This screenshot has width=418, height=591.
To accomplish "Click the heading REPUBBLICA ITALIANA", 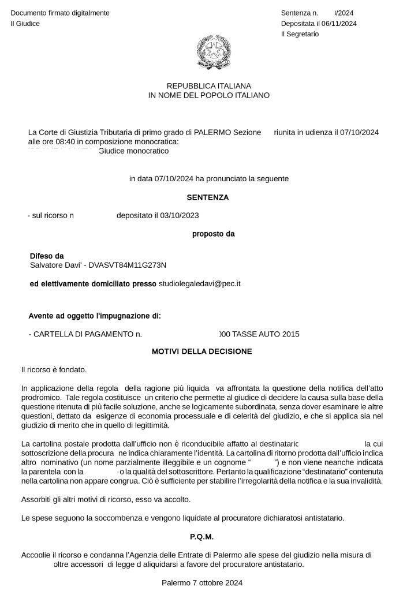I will (209, 85).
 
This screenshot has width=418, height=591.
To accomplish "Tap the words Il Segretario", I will (300, 34).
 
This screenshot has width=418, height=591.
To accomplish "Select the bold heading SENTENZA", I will (208, 197).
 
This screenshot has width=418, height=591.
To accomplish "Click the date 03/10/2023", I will (179, 216).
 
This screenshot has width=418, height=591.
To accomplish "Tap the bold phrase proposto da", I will (213, 234).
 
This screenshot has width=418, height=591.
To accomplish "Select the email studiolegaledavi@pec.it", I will (200, 283).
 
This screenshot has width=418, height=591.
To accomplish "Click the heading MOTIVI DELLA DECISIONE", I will (201, 351).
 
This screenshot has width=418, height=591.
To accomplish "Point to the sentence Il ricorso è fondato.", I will (54, 369).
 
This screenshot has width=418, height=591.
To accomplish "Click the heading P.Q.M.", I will (202, 536).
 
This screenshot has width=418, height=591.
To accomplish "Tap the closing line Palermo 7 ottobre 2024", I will (202, 582).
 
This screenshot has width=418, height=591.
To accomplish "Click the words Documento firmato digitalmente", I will (60, 13).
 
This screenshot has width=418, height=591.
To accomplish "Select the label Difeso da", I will (47, 256).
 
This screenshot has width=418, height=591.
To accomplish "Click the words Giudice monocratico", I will (134, 151).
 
